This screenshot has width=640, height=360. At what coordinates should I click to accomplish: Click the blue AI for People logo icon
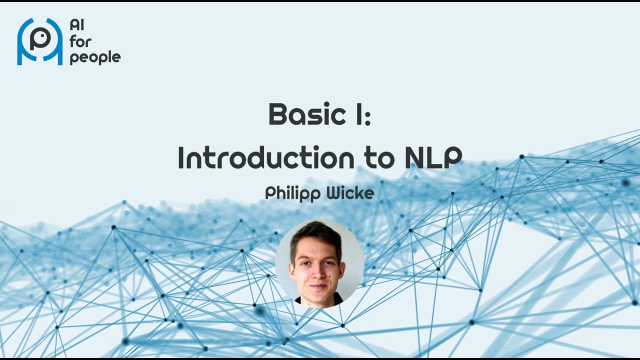(40, 41)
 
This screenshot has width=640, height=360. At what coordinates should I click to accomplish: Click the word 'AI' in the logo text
(76, 25)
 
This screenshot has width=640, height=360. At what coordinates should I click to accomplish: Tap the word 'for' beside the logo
(80, 41)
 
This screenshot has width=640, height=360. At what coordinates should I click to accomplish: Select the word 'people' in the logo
(95, 58)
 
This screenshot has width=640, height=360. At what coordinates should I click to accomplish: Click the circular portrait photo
(319, 263)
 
